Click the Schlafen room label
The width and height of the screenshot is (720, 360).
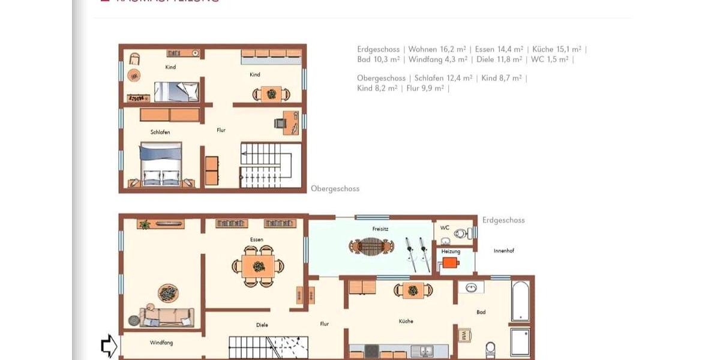pos(160,132)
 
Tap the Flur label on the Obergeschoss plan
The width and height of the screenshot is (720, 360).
pos(221,130)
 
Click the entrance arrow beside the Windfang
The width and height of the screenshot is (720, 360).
pos(109,346)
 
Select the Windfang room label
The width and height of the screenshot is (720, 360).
pos(161,343)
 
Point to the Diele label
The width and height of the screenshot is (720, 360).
pos(262,325)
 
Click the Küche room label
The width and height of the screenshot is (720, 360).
pos(406,321)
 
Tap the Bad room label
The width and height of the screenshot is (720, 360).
pos(481,312)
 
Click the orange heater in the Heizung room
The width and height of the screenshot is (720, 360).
pos(450,262)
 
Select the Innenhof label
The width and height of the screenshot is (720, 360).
pos(504,250)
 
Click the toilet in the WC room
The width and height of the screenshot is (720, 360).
pos(461,233)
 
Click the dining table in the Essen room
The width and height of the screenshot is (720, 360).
pos(259,266)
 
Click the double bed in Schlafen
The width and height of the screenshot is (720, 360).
pos(160,163)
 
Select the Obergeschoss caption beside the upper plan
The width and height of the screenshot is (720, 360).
pos(335,188)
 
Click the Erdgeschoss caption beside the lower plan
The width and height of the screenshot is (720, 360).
pos(503,220)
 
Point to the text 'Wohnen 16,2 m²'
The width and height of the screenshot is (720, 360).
pos(437,49)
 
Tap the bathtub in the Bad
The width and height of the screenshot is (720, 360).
pos(520,300)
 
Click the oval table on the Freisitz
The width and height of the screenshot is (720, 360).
pos(372,246)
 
